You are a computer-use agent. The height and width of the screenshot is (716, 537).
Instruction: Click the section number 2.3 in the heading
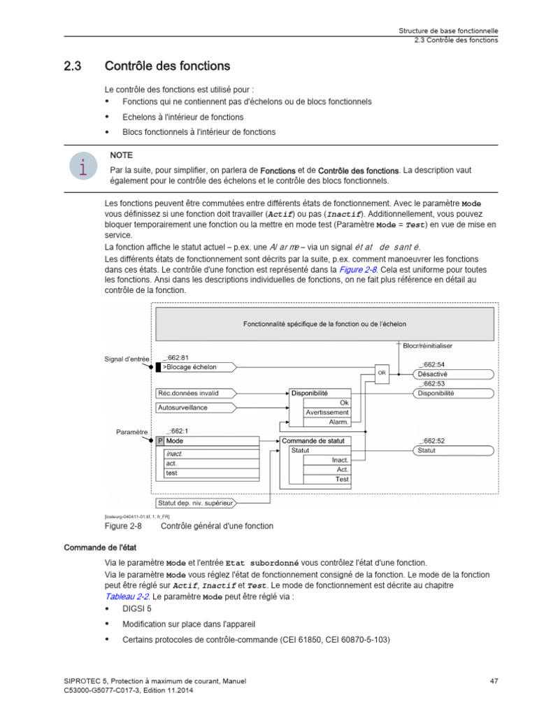(72, 67)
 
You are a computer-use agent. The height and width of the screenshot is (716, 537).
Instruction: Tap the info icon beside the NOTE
(83, 167)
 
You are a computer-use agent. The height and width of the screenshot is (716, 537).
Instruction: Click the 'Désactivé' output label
(434, 374)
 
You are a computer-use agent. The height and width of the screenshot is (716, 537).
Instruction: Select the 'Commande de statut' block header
(316, 441)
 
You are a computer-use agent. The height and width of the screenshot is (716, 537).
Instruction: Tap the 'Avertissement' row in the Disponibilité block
(327, 413)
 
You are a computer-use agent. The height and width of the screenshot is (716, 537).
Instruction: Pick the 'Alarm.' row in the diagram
(338, 422)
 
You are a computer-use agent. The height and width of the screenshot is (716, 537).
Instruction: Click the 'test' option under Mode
(171, 473)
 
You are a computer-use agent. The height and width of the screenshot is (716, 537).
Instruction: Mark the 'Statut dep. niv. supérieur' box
(195, 502)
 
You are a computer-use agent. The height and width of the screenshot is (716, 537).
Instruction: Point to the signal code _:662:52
(432, 441)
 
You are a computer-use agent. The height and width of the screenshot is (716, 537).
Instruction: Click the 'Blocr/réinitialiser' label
(428, 345)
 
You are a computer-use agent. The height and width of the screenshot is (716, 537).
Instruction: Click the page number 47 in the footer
(493, 680)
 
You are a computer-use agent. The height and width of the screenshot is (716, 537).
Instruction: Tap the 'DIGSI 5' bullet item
(136, 608)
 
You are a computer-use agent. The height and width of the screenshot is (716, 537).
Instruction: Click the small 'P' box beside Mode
(159, 441)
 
